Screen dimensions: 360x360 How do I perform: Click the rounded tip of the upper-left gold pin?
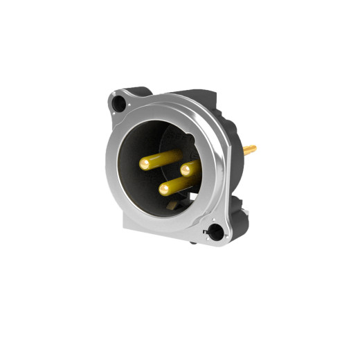[x=145, y=164]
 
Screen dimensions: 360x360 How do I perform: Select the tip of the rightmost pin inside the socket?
[x=186, y=168]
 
